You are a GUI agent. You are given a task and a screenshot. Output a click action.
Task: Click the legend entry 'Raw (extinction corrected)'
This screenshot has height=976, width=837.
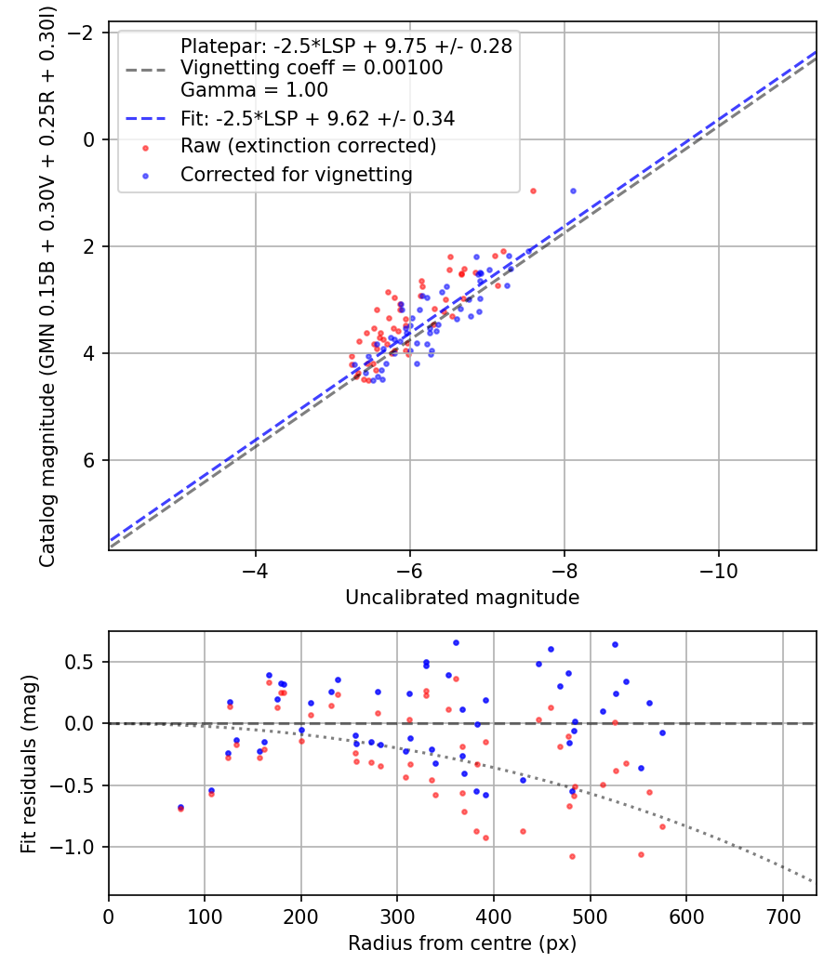308,146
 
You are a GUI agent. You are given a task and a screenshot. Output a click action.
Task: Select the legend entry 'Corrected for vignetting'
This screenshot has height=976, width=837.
296,174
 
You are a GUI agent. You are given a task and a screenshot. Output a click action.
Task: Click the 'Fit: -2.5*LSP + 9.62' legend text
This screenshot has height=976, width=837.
317,119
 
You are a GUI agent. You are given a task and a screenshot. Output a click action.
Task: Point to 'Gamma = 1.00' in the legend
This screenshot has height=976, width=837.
254,91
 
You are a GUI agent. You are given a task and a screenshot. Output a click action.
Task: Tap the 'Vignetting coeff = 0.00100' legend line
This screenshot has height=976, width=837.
312,68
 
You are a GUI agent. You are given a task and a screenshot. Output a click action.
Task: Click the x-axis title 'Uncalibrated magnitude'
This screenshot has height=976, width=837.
462,598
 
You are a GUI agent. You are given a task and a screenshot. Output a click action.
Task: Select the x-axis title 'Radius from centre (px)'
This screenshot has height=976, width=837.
462,943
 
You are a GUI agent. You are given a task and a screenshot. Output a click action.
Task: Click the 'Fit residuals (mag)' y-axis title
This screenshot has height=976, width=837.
29,763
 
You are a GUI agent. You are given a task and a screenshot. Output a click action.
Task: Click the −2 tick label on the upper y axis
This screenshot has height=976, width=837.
86,33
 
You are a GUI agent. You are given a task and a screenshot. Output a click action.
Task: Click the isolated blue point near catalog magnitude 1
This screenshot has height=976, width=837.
573,191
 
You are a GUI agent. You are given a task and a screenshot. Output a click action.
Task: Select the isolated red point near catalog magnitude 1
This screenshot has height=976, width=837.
533,191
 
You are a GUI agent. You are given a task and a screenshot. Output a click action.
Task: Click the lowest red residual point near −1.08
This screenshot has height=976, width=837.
572,856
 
